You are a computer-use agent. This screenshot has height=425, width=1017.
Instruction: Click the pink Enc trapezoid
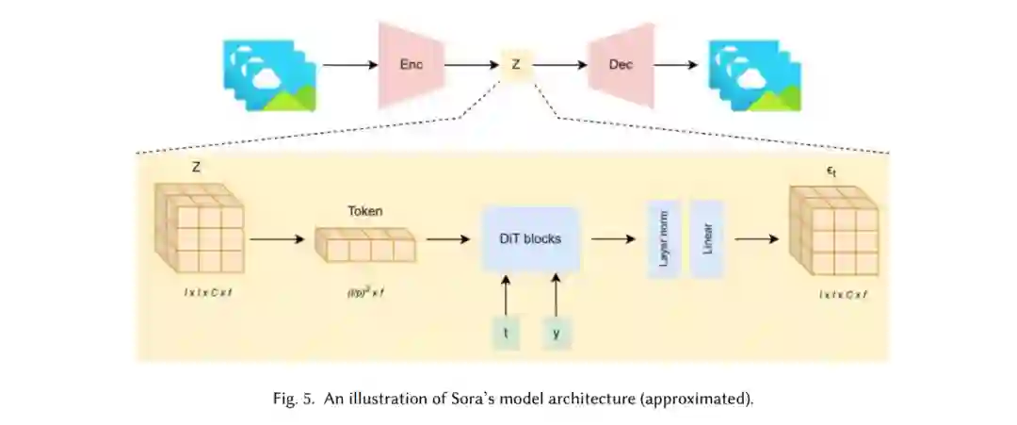(409, 64)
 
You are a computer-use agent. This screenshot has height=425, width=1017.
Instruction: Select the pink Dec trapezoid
(621, 64)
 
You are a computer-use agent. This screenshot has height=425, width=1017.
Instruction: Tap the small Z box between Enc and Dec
(515, 65)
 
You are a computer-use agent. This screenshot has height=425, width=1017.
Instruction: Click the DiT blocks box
(529, 238)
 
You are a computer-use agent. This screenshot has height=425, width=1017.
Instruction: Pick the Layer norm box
(663, 238)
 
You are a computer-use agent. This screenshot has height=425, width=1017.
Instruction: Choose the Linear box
(706, 238)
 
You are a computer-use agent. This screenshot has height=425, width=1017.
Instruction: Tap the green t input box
(506, 333)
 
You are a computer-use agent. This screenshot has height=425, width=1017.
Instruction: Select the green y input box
(556, 333)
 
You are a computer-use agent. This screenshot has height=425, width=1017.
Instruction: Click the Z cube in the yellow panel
(200, 228)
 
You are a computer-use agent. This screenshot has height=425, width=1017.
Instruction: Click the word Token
(364, 211)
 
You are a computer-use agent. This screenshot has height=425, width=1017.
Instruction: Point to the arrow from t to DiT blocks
(506, 294)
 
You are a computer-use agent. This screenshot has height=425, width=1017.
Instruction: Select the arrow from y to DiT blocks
(556, 294)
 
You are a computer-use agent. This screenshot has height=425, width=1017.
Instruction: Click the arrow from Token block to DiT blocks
(447, 238)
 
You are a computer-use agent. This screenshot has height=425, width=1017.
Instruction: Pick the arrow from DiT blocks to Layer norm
(612, 238)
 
